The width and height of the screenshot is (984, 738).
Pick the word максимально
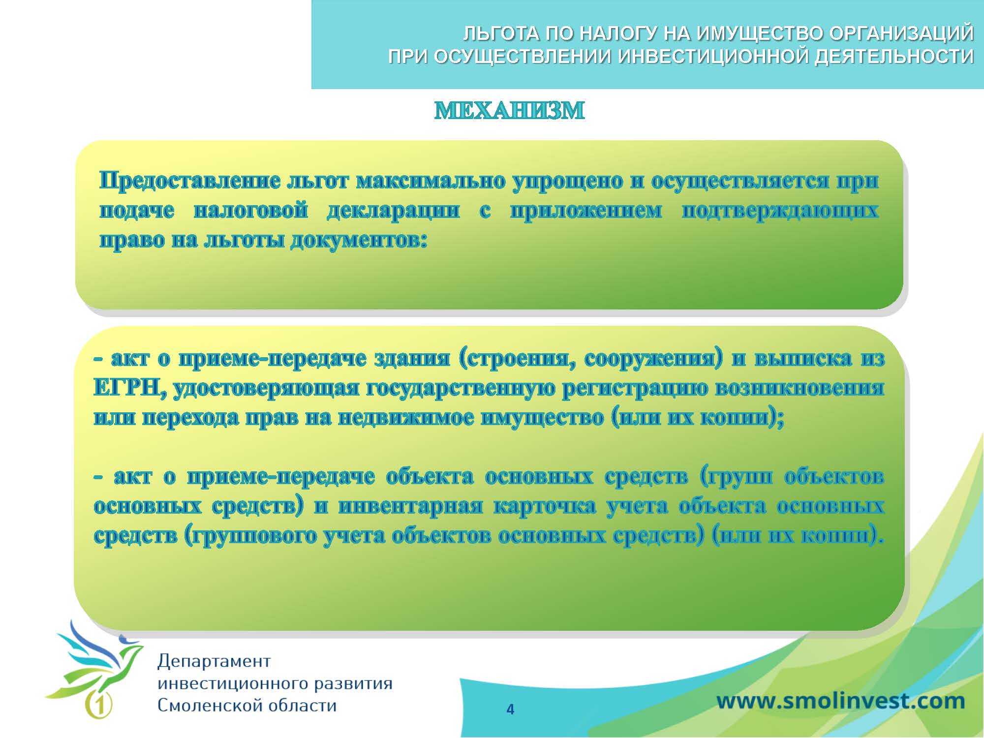coord(430,182)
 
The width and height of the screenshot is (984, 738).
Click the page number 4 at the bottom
coord(510,709)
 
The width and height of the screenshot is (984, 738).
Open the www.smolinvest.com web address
coord(840,701)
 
